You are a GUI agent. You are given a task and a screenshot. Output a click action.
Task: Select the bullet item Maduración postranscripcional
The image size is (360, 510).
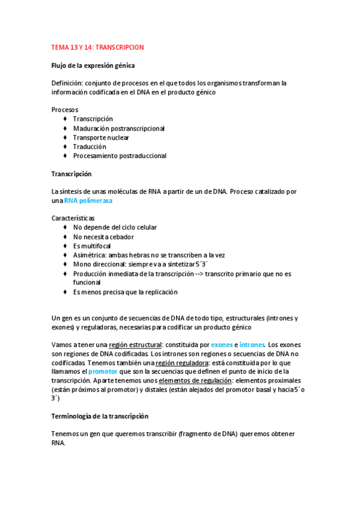pyautogui.click(x=118, y=128)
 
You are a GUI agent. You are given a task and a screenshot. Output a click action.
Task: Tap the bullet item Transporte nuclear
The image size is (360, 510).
pyautogui.click(x=105, y=137)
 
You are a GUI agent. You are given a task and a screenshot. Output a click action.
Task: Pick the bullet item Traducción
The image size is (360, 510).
pyautogui.click(x=90, y=146)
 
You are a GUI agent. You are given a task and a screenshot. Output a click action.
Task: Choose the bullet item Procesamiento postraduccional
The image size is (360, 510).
pyautogui.click(x=120, y=156)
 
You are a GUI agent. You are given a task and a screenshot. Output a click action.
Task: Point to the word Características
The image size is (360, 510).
pyautogui.click(x=73, y=218)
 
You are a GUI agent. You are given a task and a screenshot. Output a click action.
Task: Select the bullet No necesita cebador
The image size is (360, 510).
pyautogui.click(x=103, y=236)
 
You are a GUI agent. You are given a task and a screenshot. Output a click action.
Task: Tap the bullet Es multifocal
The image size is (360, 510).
pyautogui.click(x=93, y=245)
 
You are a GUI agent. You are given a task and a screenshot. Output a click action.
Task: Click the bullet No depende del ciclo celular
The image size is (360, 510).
pyautogui.click(x=115, y=227)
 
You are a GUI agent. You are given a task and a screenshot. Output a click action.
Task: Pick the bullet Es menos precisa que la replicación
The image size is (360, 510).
pyautogui.click(x=125, y=292)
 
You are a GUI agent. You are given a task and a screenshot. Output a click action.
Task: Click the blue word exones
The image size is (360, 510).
pyautogui.click(x=222, y=345)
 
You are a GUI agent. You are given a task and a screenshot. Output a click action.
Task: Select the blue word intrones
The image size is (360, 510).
pyautogui.click(x=252, y=345)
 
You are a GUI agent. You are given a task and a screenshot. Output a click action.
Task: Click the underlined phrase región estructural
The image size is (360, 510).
pyautogui.click(x=136, y=345)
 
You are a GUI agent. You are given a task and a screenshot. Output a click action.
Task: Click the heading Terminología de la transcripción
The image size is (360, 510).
pyautogui.click(x=100, y=416)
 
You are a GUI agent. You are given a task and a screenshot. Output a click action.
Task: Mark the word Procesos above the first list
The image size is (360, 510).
pyautogui.click(x=65, y=109)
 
